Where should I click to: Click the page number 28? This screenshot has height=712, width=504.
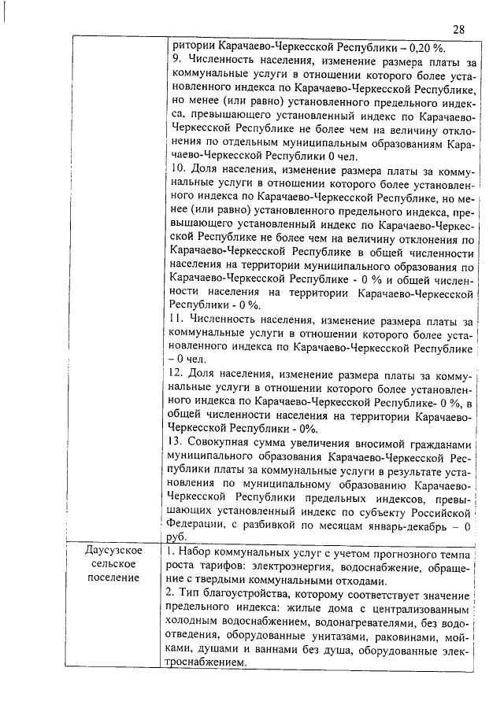click(458, 30)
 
